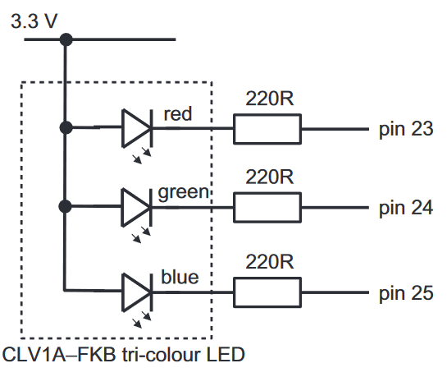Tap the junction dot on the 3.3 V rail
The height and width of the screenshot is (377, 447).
point(65,39)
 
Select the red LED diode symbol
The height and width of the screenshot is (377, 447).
point(136,127)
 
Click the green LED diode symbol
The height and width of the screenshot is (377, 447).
point(136,206)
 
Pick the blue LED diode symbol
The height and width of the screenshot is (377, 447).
point(136,290)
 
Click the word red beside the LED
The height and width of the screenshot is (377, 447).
point(178,113)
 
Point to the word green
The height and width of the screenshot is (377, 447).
point(185,193)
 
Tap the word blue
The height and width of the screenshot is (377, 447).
point(180,277)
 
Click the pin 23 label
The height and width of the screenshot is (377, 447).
point(405,129)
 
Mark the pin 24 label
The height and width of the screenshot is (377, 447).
point(405,208)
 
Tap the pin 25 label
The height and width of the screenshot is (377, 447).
point(405,292)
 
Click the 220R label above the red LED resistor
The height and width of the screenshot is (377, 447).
point(269,99)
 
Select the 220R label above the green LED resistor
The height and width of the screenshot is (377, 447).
point(269,177)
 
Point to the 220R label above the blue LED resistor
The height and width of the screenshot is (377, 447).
point(269,262)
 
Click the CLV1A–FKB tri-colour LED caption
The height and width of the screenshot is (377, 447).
point(124,356)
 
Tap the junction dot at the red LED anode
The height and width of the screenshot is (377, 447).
point(65,127)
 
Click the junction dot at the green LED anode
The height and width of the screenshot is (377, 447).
point(65,206)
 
